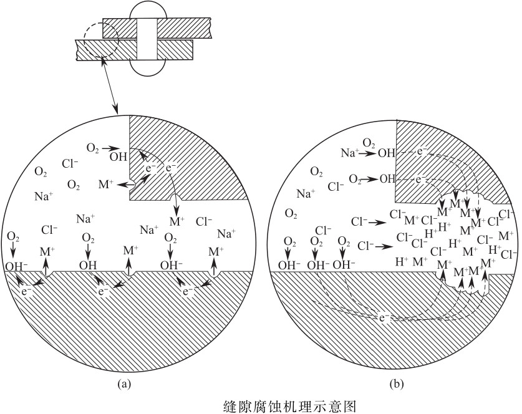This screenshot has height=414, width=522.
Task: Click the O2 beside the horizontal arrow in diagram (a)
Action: point(93,148)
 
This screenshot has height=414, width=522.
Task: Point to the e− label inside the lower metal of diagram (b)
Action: point(385,317)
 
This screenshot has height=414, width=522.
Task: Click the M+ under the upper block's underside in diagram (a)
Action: point(177,220)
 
